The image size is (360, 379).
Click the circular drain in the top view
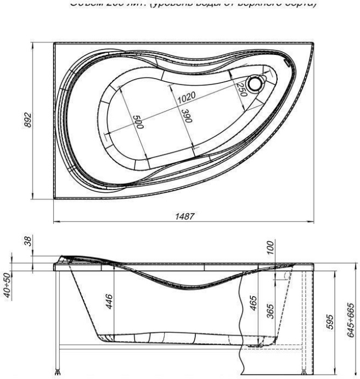click(x=254, y=84)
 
